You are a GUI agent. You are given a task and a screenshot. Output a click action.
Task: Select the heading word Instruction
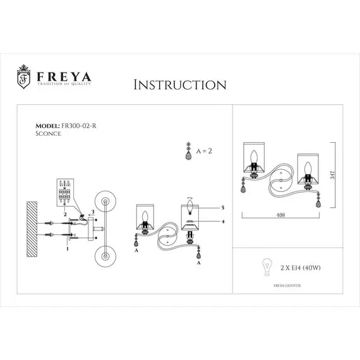tap(180, 85)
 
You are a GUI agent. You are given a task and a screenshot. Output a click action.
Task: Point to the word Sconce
tap(47, 134)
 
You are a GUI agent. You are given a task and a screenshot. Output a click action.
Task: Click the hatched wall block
tap(32, 227)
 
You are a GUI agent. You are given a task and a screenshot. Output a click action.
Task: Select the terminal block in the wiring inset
tap(66, 191)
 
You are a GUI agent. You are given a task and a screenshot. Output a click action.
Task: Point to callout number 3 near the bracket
tap(93, 211)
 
